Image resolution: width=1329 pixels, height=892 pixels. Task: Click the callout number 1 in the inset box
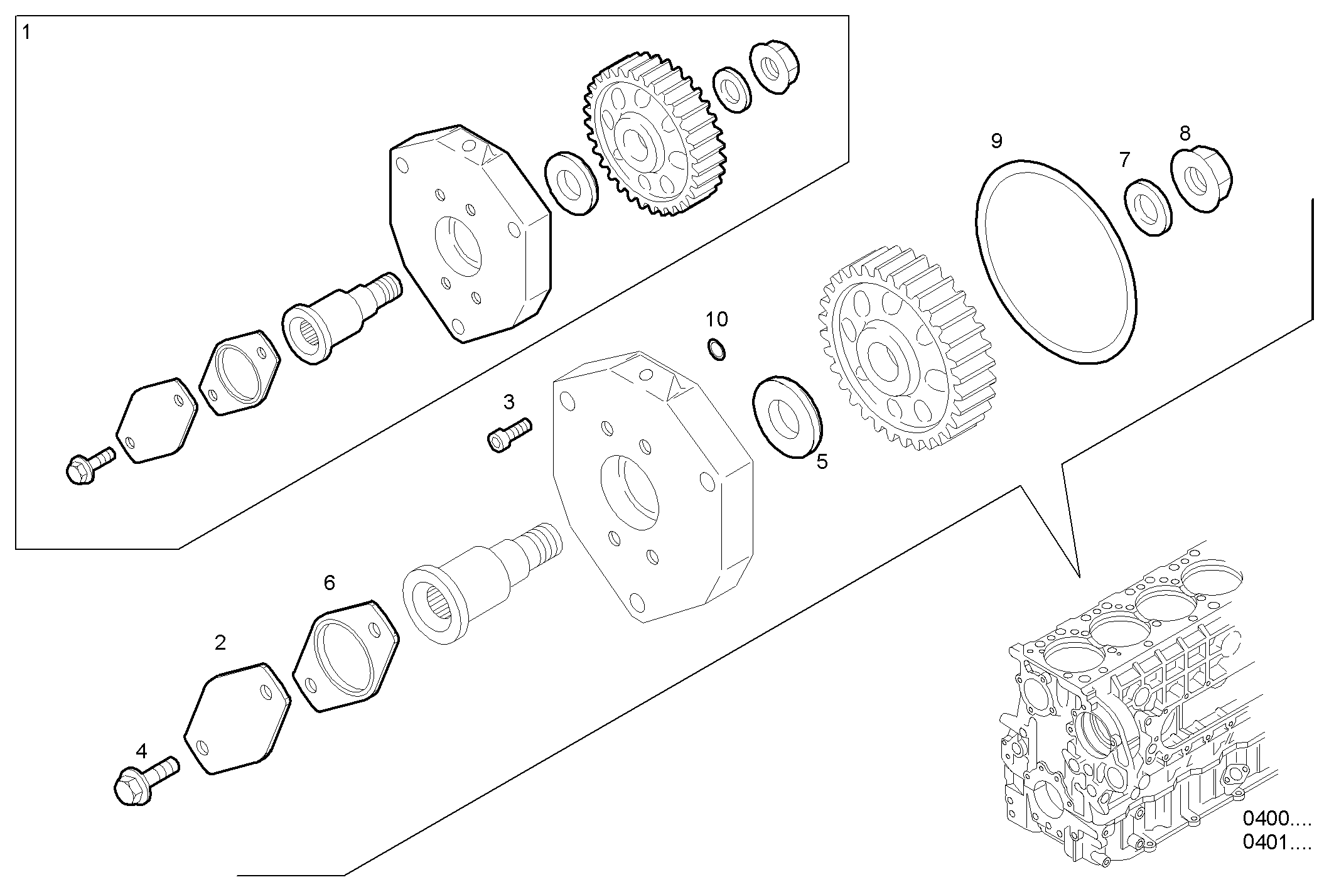tap(26, 32)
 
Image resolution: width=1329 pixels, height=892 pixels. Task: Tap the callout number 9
tap(996, 141)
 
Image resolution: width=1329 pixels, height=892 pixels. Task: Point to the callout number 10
tap(716, 320)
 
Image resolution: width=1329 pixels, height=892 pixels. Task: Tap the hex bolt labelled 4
tap(144, 782)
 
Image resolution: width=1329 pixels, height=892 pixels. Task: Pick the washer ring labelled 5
tap(787, 417)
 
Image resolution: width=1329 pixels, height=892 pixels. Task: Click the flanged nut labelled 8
tap(1202, 180)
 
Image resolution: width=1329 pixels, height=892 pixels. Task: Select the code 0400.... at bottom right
tap(1277, 819)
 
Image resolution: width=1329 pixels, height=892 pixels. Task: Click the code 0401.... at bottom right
tap(1277, 842)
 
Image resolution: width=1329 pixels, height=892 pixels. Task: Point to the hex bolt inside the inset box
tap(88, 467)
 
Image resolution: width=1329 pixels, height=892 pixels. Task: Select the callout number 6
tap(329, 583)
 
